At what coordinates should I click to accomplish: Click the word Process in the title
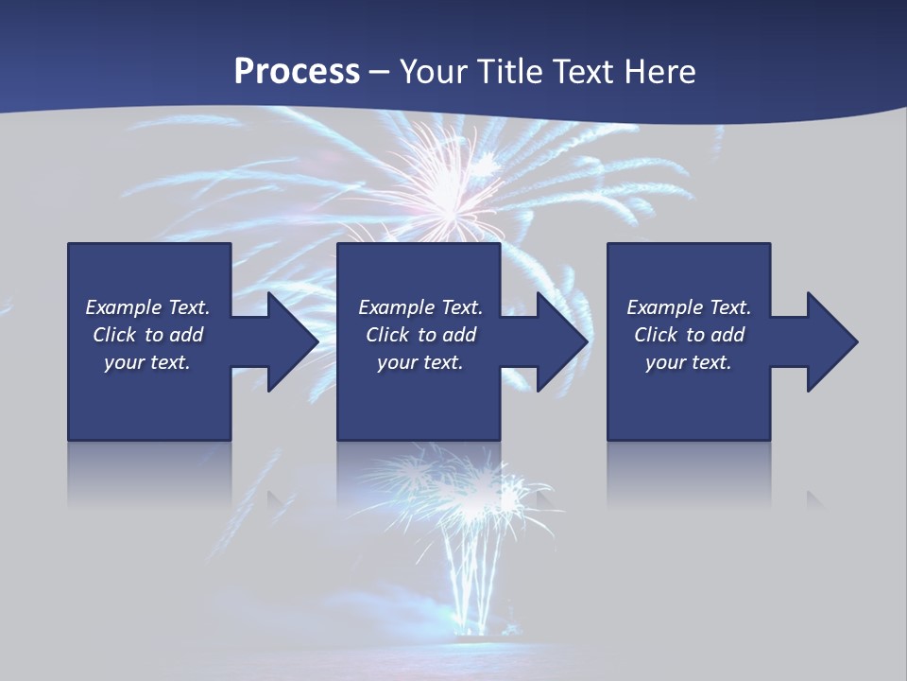point(297,72)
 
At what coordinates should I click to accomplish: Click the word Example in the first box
point(124,307)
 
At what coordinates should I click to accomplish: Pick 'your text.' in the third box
point(688,362)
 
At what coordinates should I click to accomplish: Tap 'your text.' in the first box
point(147,362)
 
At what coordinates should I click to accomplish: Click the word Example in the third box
point(665,307)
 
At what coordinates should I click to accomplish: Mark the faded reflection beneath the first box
point(149,473)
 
